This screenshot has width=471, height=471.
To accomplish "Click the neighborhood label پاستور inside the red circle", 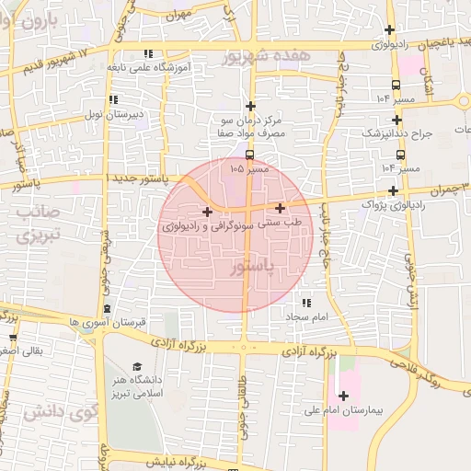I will click(x=249, y=266).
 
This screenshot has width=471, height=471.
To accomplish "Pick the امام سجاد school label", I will click(x=306, y=316).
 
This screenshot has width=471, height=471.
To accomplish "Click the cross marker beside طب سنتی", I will click(x=280, y=209).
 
